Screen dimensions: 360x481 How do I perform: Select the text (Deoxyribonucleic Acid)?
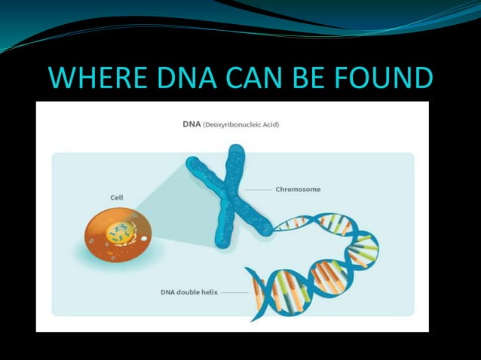(240, 124)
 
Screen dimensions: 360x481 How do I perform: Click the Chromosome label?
(298, 189)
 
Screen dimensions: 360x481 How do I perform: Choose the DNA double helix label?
(188, 291)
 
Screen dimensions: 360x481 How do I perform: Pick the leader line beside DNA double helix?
(234, 291)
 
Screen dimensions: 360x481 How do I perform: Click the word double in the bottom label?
(186, 291)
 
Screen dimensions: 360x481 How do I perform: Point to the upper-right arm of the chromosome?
(236, 162)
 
